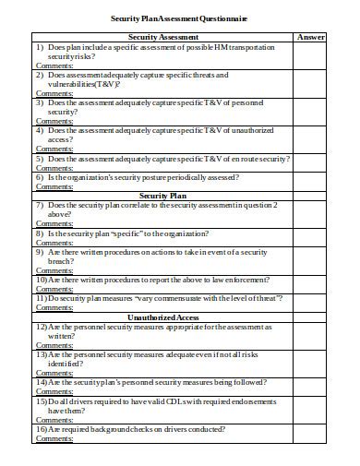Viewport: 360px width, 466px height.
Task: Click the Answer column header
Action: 311,36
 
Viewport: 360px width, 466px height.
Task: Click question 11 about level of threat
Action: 157,297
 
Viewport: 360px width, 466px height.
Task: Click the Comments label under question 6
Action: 54,185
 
